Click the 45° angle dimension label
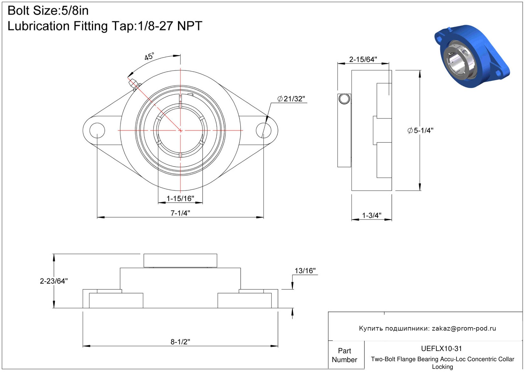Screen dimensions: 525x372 149,56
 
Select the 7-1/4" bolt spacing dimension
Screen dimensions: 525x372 180,213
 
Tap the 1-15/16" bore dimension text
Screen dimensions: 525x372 180,198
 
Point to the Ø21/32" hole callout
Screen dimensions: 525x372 291,99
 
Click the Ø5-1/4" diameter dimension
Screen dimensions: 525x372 420,130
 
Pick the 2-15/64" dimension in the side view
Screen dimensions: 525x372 363,60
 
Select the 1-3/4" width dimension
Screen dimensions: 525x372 372,215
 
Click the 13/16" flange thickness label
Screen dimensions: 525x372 305,271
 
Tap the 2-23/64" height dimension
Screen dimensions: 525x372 54,281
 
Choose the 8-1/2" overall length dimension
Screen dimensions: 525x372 180,342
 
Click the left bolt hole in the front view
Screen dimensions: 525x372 97,130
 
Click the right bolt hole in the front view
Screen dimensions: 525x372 264,130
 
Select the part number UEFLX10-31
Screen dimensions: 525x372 441,348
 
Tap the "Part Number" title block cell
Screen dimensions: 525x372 344,355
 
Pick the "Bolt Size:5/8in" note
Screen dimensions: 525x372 48,11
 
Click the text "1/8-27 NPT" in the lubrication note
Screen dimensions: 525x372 170,26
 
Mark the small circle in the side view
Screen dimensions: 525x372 344,99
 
